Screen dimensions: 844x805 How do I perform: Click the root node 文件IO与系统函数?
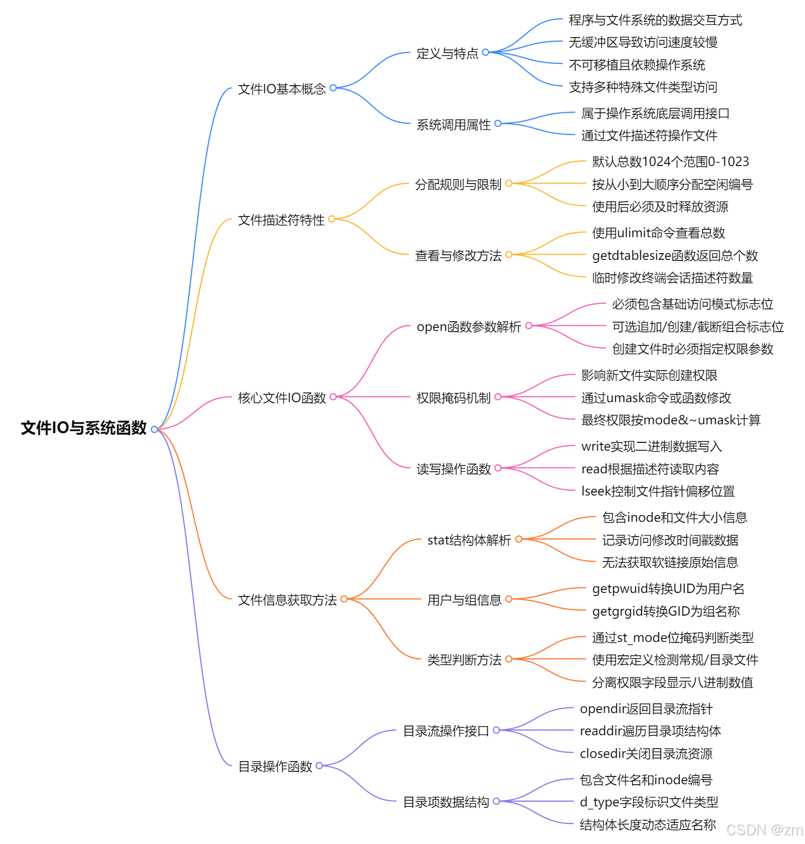[x=84, y=428]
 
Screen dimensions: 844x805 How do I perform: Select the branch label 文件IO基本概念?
[x=282, y=89]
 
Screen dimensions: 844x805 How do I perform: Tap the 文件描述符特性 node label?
[x=281, y=220]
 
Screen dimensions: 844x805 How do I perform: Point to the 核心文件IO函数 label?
[x=282, y=398]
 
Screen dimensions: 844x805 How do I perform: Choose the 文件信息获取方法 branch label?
[x=287, y=600]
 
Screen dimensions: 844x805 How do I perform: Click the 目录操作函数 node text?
[x=275, y=766]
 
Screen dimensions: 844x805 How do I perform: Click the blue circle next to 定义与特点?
[x=485, y=52]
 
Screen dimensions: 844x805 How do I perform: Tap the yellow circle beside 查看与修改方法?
[x=508, y=255]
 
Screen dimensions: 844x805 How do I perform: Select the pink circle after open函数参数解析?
[x=529, y=326]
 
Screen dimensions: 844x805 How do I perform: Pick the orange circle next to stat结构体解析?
[x=519, y=539]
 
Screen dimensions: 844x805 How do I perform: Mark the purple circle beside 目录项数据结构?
[x=496, y=801]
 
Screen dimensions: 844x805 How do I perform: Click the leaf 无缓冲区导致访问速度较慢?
[x=643, y=42]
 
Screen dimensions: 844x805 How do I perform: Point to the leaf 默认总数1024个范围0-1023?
[x=670, y=161]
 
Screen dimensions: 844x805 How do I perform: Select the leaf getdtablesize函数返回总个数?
[x=675, y=255]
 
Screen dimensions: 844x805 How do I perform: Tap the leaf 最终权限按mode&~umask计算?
[x=670, y=420]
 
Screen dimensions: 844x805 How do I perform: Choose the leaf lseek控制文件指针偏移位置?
[x=658, y=491]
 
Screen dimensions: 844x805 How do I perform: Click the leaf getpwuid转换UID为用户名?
[x=668, y=588]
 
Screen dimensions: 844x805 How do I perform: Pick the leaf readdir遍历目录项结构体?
[x=650, y=731]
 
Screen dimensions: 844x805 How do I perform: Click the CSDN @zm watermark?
[x=764, y=830]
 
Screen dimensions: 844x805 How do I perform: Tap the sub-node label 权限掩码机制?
[x=453, y=398]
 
